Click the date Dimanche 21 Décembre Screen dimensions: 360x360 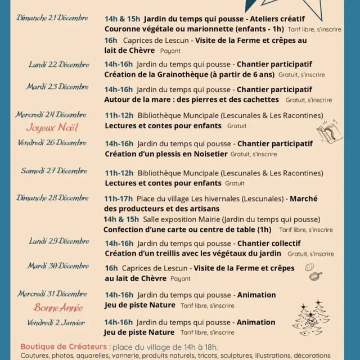click(52, 18)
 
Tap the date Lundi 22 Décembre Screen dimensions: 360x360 click(58, 64)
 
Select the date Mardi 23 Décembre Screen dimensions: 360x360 click(57, 87)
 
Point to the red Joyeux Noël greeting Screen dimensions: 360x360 click(52, 127)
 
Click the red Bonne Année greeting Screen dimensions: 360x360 click(58, 308)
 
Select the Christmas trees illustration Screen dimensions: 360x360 click(312, 318)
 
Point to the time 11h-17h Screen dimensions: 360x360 click(119, 199)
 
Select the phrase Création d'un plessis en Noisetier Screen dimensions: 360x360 click(166, 154)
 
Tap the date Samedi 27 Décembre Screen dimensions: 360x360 click(55, 171)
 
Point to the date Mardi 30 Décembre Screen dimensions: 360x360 click(58, 265)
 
